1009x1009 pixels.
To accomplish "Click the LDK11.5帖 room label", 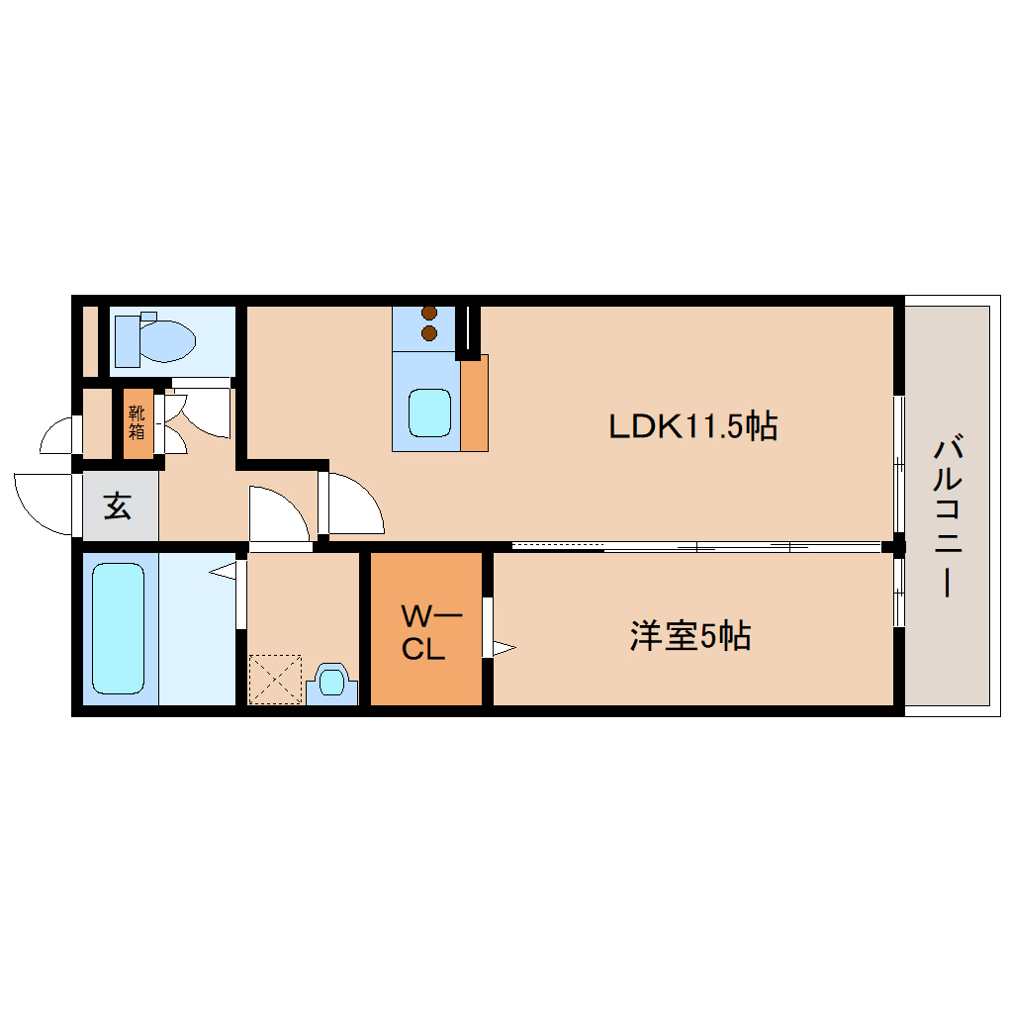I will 691,426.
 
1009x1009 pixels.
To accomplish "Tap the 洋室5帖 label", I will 690,636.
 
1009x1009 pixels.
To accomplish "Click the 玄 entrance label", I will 118,507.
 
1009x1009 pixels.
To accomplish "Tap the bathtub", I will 118,628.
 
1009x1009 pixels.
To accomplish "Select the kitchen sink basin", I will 431,414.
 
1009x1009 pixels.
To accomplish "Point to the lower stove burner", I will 429,333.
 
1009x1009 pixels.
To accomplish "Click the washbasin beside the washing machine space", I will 331,684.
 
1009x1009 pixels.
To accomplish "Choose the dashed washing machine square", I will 275,679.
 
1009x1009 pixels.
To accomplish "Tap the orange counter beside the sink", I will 474,403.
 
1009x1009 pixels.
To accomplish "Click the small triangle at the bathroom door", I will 223,571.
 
